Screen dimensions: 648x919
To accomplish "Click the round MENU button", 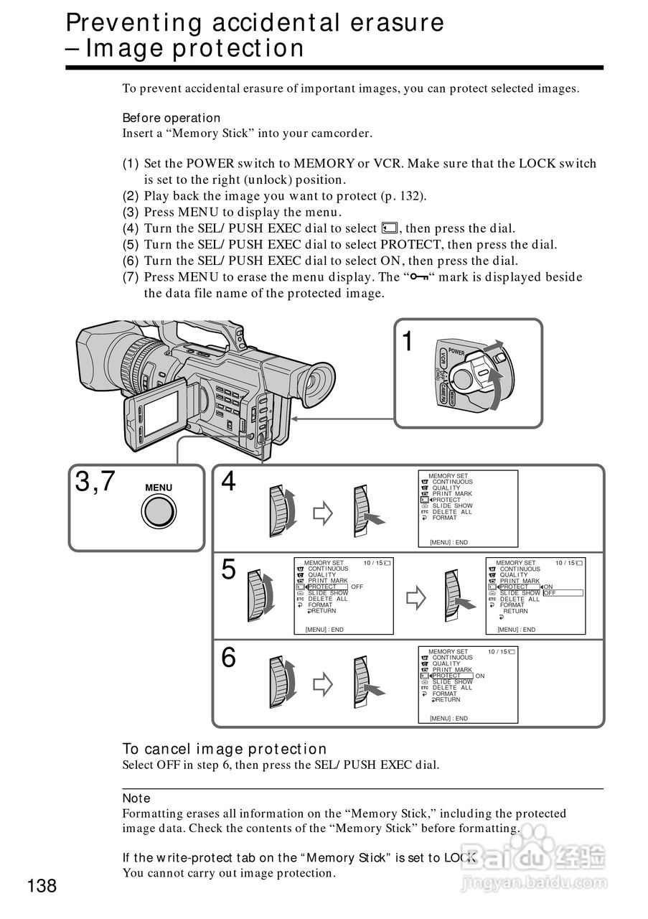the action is coord(159,512).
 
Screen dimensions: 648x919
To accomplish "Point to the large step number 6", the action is coord(228,657).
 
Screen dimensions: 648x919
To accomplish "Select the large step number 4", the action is coord(228,481).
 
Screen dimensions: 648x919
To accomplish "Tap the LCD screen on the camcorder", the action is coord(161,414).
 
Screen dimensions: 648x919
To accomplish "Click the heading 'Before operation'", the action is coord(172,118).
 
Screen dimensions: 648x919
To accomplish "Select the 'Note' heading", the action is coord(136,798).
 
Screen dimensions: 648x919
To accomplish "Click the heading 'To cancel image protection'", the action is coord(225,749).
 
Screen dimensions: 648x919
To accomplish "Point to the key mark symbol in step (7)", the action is coord(419,277).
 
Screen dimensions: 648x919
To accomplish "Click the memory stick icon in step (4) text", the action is coord(390,228).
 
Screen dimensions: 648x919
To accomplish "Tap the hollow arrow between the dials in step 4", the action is coord(323,513).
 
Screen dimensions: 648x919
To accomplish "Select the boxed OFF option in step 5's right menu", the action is coord(563,593).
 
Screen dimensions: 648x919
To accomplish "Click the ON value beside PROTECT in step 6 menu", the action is coord(480,676).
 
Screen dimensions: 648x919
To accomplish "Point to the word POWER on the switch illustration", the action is coord(456,352).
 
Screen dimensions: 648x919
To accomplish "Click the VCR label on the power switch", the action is coord(443,358).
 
